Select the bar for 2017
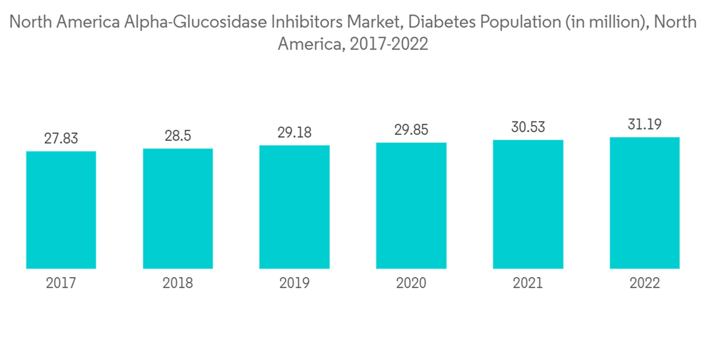(61, 210)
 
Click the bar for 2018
(178, 209)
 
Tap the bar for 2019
(294, 207)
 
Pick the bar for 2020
(411, 206)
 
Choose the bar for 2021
(528, 204)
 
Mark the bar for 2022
(644, 203)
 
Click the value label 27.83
(61, 139)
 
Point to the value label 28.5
(178, 136)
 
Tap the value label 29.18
(294, 133)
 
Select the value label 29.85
(411, 130)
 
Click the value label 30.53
(528, 127)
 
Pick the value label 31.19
(644, 125)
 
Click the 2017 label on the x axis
(61, 284)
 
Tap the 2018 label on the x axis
(178, 284)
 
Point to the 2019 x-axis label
(294, 284)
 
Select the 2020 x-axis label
(411, 284)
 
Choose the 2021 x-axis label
(528, 284)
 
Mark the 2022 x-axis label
(644, 284)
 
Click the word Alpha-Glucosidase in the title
(186, 22)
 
